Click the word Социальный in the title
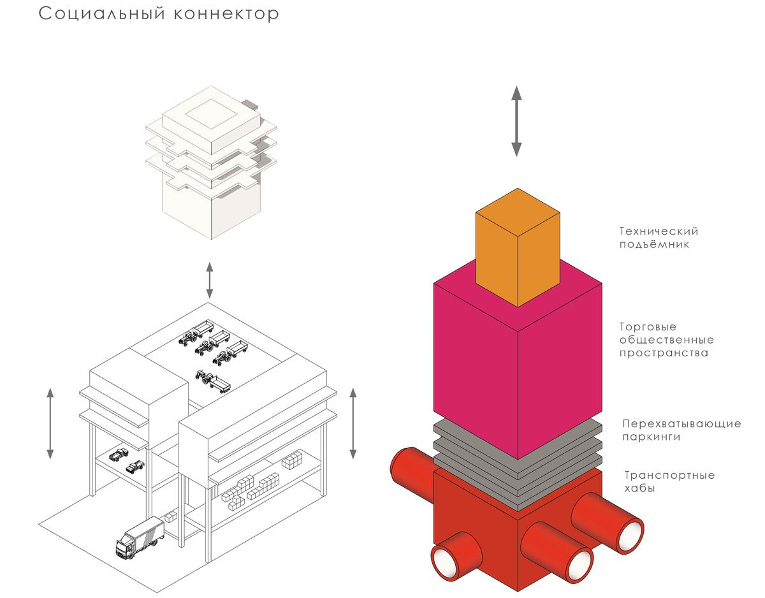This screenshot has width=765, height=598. coord(102,14)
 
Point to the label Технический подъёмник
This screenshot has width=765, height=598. coord(659,238)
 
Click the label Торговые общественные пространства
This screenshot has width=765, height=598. coord(666,340)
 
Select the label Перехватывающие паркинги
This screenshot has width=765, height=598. coord(681,430)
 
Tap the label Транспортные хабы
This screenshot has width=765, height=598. coord(669,481)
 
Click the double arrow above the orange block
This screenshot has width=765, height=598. coord(516,121)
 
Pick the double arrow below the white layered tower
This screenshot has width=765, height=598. coord(210,280)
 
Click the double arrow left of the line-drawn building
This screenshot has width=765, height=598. coord(50,423)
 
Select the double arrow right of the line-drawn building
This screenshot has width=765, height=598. coord(353,423)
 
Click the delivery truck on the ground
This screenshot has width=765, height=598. coord(140,537)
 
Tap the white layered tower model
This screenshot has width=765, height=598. coord(211,163)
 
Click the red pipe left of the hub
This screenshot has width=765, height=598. coord(412,470)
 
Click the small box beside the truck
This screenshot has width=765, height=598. coord(171,517)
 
